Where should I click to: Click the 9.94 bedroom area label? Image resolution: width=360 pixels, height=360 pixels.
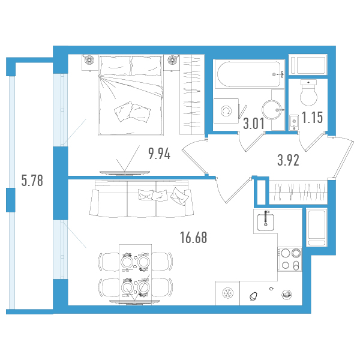tap(160, 154)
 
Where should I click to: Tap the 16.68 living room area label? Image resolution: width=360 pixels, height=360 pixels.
tap(194, 238)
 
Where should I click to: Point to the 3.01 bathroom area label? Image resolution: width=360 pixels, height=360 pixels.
tap(254, 124)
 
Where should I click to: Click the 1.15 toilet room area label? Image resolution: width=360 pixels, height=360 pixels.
tap(312, 118)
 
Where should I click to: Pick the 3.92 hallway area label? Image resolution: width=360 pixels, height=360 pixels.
tap(289, 160)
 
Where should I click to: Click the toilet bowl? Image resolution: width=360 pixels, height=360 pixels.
tap(309, 92)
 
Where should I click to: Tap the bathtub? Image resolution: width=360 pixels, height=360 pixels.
tap(249, 74)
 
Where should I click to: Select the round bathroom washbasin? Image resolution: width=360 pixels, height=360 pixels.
tap(272, 110)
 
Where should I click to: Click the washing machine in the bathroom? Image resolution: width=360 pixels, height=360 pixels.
tap(226, 111)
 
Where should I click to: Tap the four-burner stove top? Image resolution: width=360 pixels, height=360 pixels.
tap(290, 259)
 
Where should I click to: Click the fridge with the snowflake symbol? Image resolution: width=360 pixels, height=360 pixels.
tap(227, 293)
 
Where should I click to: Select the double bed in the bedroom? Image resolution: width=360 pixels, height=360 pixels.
tap(131, 95)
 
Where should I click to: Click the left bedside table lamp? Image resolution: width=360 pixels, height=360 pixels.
tap(89, 59)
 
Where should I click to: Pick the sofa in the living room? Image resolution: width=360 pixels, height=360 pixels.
tap(142, 198)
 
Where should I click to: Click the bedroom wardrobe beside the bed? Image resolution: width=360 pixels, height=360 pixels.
tap(192, 95)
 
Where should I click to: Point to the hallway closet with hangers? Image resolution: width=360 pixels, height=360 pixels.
tap(298, 193)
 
